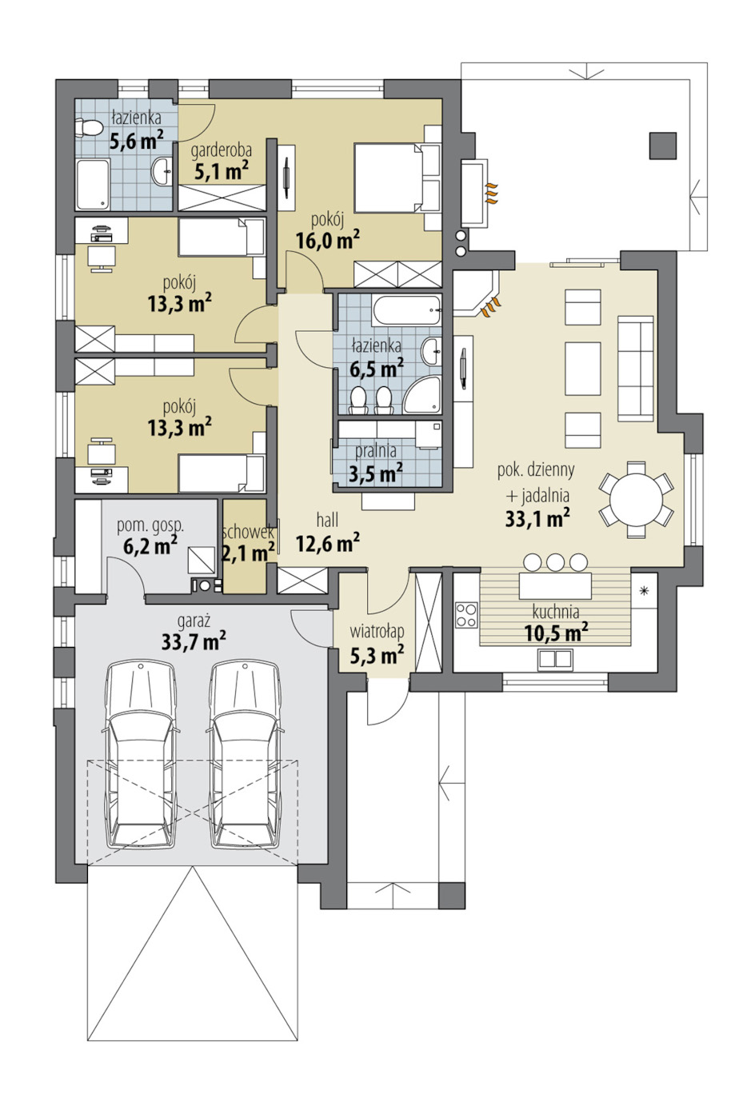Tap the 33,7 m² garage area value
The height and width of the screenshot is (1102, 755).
(x=194, y=641)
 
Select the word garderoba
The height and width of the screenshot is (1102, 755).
(x=222, y=151)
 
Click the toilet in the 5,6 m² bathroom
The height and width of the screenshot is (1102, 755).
(x=88, y=128)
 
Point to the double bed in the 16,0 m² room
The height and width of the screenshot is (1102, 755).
(x=389, y=178)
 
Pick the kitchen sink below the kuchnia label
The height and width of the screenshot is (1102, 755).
(x=555, y=658)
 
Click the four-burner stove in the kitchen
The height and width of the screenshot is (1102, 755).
(x=466, y=615)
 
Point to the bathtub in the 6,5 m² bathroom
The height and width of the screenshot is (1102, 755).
(x=406, y=310)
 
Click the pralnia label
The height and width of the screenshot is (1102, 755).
(x=375, y=451)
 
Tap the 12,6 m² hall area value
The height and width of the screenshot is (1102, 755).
(x=328, y=543)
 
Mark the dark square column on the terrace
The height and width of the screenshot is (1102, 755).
(x=663, y=146)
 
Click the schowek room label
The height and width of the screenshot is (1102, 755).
(x=247, y=533)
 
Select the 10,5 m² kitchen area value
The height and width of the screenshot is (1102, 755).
(x=557, y=633)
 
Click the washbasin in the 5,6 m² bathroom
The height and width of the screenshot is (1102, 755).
(x=162, y=172)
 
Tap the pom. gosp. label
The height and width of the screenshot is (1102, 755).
(x=150, y=526)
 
